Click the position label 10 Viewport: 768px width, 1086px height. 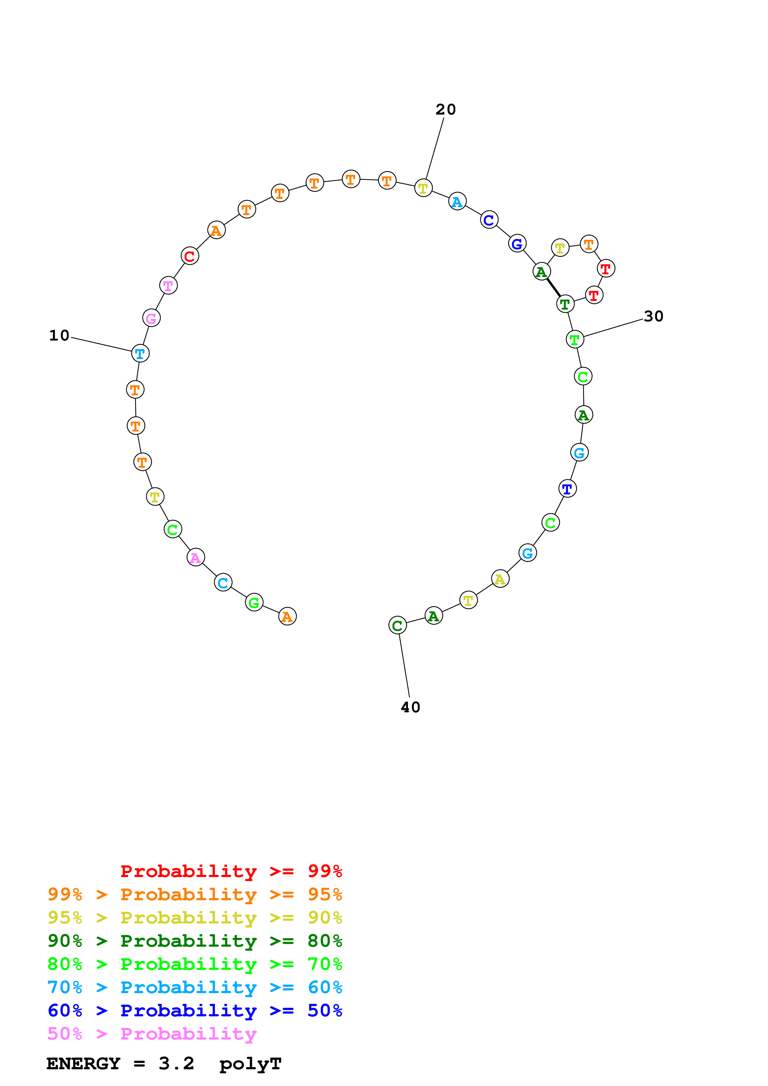[x=59, y=336]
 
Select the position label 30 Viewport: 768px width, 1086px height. [x=653, y=316]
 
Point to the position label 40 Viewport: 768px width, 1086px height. [x=410, y=708]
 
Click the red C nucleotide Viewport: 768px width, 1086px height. [x=190, y=256]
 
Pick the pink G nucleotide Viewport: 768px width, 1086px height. [x=151, y=318]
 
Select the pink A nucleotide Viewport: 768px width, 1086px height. [x=196, y=557]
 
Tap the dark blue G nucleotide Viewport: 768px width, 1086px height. [x=517, y=244]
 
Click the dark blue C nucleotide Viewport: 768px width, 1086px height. [x=489, y=219]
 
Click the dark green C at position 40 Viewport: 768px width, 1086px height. [x=397, y=625]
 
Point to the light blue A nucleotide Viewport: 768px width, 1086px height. [x=457, y=202]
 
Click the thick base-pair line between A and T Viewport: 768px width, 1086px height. [x=553, y=288]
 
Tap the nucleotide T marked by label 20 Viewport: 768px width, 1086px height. [x=423, y=188]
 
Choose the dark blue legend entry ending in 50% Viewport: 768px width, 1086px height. [x=195, y=1011]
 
